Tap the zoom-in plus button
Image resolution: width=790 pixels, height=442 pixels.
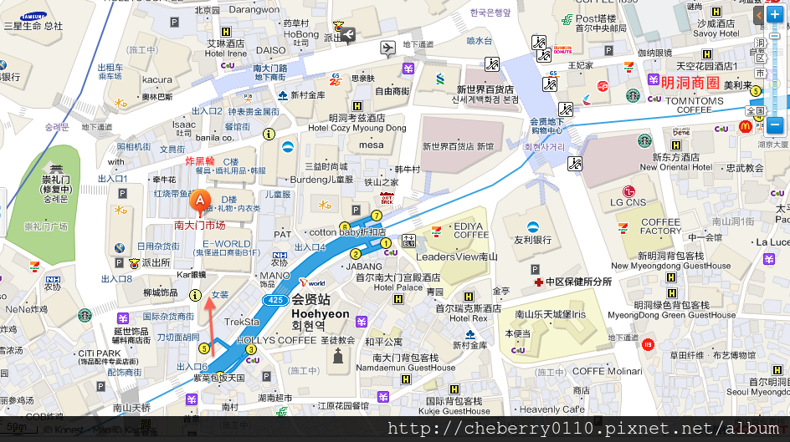tap(774, 15)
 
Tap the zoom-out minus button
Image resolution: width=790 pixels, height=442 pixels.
tap(774, 125)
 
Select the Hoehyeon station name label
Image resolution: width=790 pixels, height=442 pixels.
tap(321, 314)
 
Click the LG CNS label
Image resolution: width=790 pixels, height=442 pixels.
tap(628, 201)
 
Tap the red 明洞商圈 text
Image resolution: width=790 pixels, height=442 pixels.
tap(690, 83)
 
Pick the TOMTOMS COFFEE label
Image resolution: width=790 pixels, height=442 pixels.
tap(694, 104)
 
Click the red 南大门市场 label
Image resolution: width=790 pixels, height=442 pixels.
tap(199, 225)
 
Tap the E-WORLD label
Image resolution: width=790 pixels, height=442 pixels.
tap(226, 244)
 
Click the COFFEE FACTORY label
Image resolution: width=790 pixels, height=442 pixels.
tap(661, 226)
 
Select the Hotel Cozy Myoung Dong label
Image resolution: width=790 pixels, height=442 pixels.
tap(357, 128)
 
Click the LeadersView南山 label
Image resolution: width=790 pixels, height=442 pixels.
tap(457, 257)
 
